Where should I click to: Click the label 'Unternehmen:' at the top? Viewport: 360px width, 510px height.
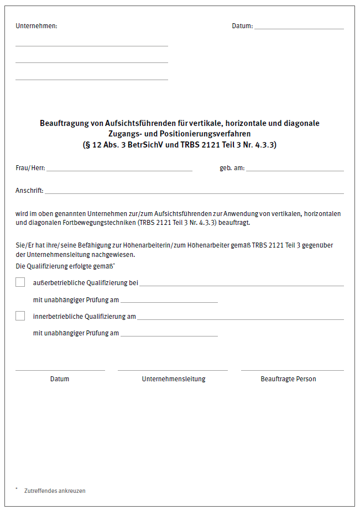point(36,26)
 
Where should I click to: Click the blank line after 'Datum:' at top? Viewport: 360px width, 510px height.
point(299,27)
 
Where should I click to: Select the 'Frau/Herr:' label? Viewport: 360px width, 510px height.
point(30,168)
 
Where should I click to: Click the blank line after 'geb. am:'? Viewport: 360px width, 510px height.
point(295,170)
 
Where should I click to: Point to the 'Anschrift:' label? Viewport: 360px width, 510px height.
point(29,191)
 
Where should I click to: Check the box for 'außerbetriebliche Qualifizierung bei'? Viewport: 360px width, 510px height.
point(20,282)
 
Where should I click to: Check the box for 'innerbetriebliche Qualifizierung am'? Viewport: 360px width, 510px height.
point(20,316)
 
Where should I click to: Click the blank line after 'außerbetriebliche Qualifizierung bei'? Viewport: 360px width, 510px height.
point(241,285)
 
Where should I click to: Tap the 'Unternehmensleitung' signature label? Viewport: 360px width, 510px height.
point(174,379)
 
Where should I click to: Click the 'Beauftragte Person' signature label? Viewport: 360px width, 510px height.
point(288,379)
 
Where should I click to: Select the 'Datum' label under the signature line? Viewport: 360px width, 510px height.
point(60,379)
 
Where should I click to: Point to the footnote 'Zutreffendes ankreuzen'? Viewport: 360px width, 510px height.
point(55,491)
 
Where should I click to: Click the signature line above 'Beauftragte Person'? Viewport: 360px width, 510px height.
point(292,370)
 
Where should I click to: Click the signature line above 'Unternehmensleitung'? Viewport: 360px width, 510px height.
point(173,370)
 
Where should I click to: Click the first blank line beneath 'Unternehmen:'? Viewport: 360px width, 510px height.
point(91,45)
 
